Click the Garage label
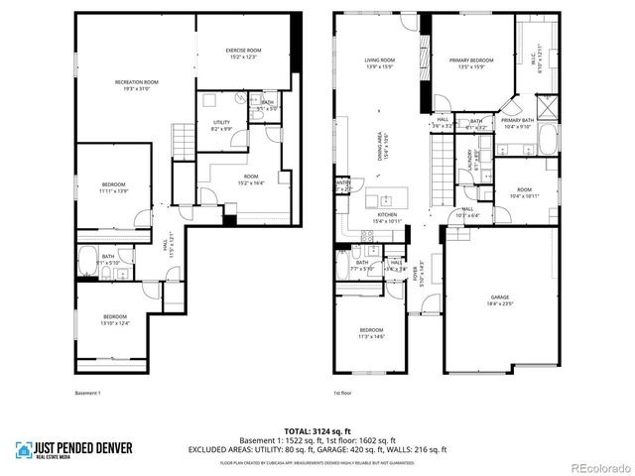pyautogui.click(x=499, y=298)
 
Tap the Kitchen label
pyautogui.click(x=385, y=216)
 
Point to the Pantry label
pyautogui.click(x=343, y=184)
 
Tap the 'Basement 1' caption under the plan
pyautogui.click(x=88, y=394)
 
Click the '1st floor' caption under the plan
pyautogui.click(x=343, y=394)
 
